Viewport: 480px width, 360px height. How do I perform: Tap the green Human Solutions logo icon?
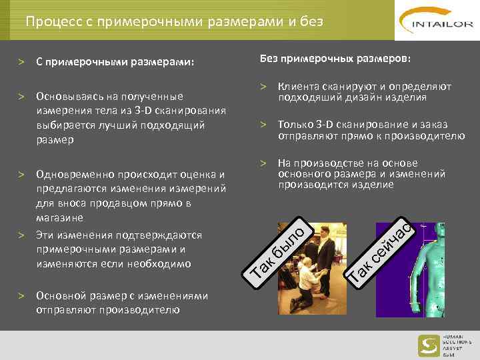pos(428,345)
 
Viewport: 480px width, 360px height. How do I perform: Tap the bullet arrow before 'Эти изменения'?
pos(22,235)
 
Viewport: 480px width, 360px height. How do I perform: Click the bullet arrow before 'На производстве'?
pos(264,163)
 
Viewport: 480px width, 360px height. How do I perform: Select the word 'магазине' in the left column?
pos(59,218)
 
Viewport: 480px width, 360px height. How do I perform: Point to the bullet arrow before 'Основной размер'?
pos(22,295)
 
